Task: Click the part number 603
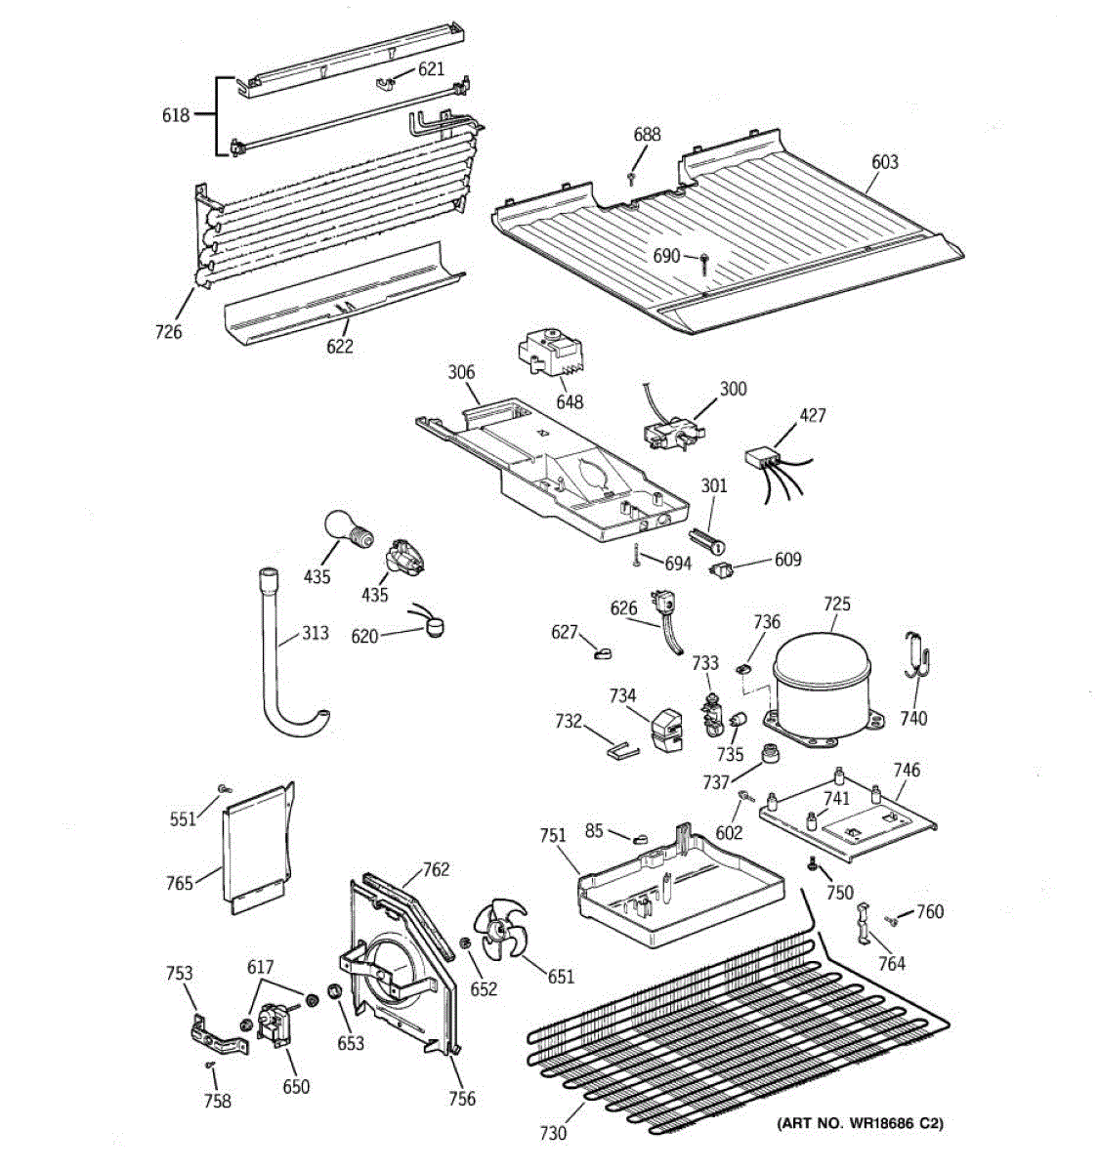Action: (885, 162)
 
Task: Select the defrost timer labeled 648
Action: (549, 353)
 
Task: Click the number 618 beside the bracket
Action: (176, 114)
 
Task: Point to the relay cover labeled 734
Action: (666, 730)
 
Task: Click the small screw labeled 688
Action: (631, 178)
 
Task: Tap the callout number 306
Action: (461, 372)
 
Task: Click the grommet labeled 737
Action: (770, 753)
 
